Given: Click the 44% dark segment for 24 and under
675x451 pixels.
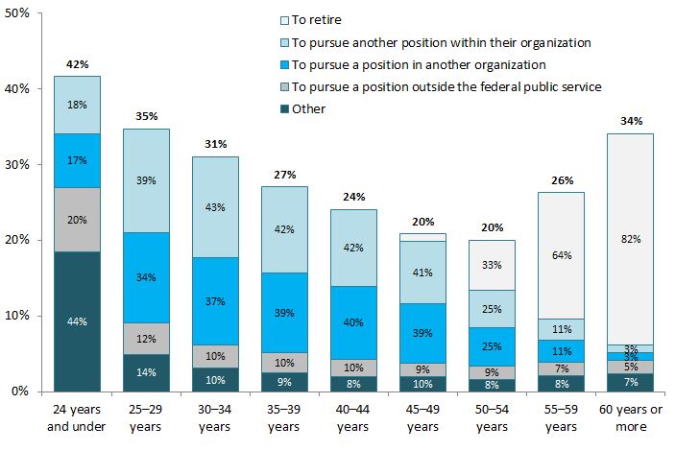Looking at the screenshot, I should coord(78,321).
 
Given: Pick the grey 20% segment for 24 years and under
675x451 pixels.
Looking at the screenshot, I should coord(78,219).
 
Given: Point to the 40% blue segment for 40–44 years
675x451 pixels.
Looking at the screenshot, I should coord(354,321).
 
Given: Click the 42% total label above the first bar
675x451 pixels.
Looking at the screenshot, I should coord(78,64).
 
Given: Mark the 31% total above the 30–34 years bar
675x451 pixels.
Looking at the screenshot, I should coord(216,144).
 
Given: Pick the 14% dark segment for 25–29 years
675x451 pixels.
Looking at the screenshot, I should coord(147,372).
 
